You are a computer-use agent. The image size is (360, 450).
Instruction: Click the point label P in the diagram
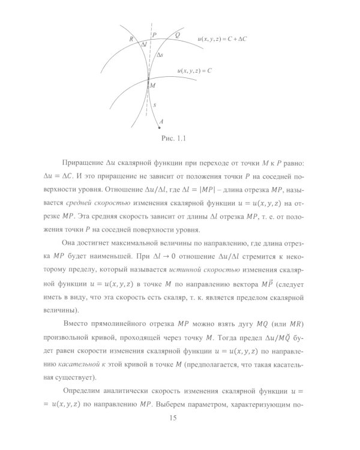155,35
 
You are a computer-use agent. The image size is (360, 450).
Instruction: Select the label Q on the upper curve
176,35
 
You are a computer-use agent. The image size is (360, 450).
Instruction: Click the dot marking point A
158,127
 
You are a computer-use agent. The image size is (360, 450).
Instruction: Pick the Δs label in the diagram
159,54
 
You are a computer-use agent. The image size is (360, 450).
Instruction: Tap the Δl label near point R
143,44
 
